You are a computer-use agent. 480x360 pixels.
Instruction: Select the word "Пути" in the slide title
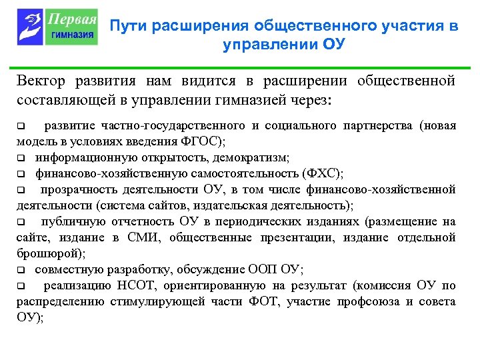[129, 26]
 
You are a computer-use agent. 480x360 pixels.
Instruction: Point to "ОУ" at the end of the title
[335, 45]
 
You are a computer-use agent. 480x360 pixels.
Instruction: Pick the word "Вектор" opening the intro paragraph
[41, 81]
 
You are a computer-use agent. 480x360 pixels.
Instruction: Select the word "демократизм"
[256, 157]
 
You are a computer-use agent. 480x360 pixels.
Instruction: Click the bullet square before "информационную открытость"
[21, 158]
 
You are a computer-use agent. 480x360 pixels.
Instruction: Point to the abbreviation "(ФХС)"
[322, 173]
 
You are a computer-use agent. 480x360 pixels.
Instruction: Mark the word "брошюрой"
[39, 253]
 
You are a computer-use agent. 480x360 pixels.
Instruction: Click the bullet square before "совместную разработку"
[21, 270]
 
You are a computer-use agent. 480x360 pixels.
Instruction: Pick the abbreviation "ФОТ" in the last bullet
[267, 301]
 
